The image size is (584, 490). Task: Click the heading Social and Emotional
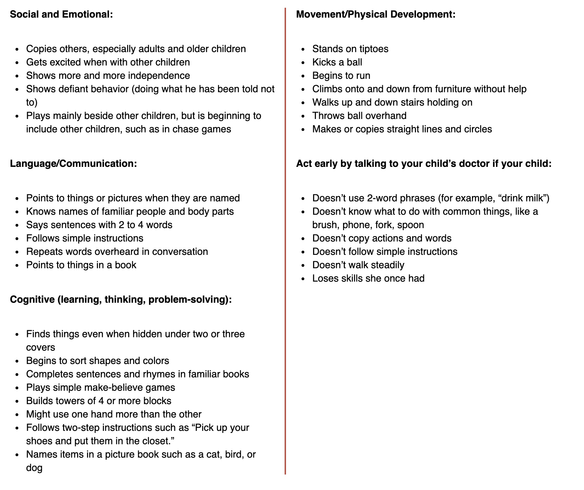(x=61, y=14)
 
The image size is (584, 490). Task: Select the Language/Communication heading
(x=73, y=164)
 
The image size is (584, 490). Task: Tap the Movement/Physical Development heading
(x=375, y=14)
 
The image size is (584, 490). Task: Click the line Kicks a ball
(x=337, y=62)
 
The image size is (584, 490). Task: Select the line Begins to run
(x=341, y=76)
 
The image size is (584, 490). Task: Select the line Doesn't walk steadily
(x=358, y=265)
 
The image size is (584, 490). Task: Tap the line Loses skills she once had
(x=368, y=278)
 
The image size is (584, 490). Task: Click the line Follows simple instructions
(x=85, y=238)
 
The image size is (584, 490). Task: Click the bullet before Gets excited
(x=18, y=63)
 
